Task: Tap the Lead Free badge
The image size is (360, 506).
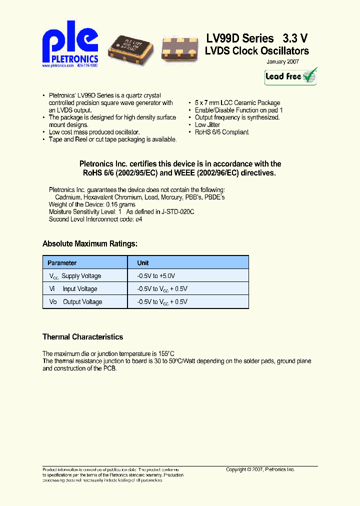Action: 290,76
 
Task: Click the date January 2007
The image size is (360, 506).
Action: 282,61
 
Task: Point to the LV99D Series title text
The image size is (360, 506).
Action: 240,38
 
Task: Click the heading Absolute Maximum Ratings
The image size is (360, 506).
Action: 89,244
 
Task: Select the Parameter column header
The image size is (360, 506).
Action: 62,263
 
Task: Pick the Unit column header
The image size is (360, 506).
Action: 143,263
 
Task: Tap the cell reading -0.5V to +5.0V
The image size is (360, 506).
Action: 156,276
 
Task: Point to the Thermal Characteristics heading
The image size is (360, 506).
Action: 82,337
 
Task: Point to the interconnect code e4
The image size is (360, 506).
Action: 139,219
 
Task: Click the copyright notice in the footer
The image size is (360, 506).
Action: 260,470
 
